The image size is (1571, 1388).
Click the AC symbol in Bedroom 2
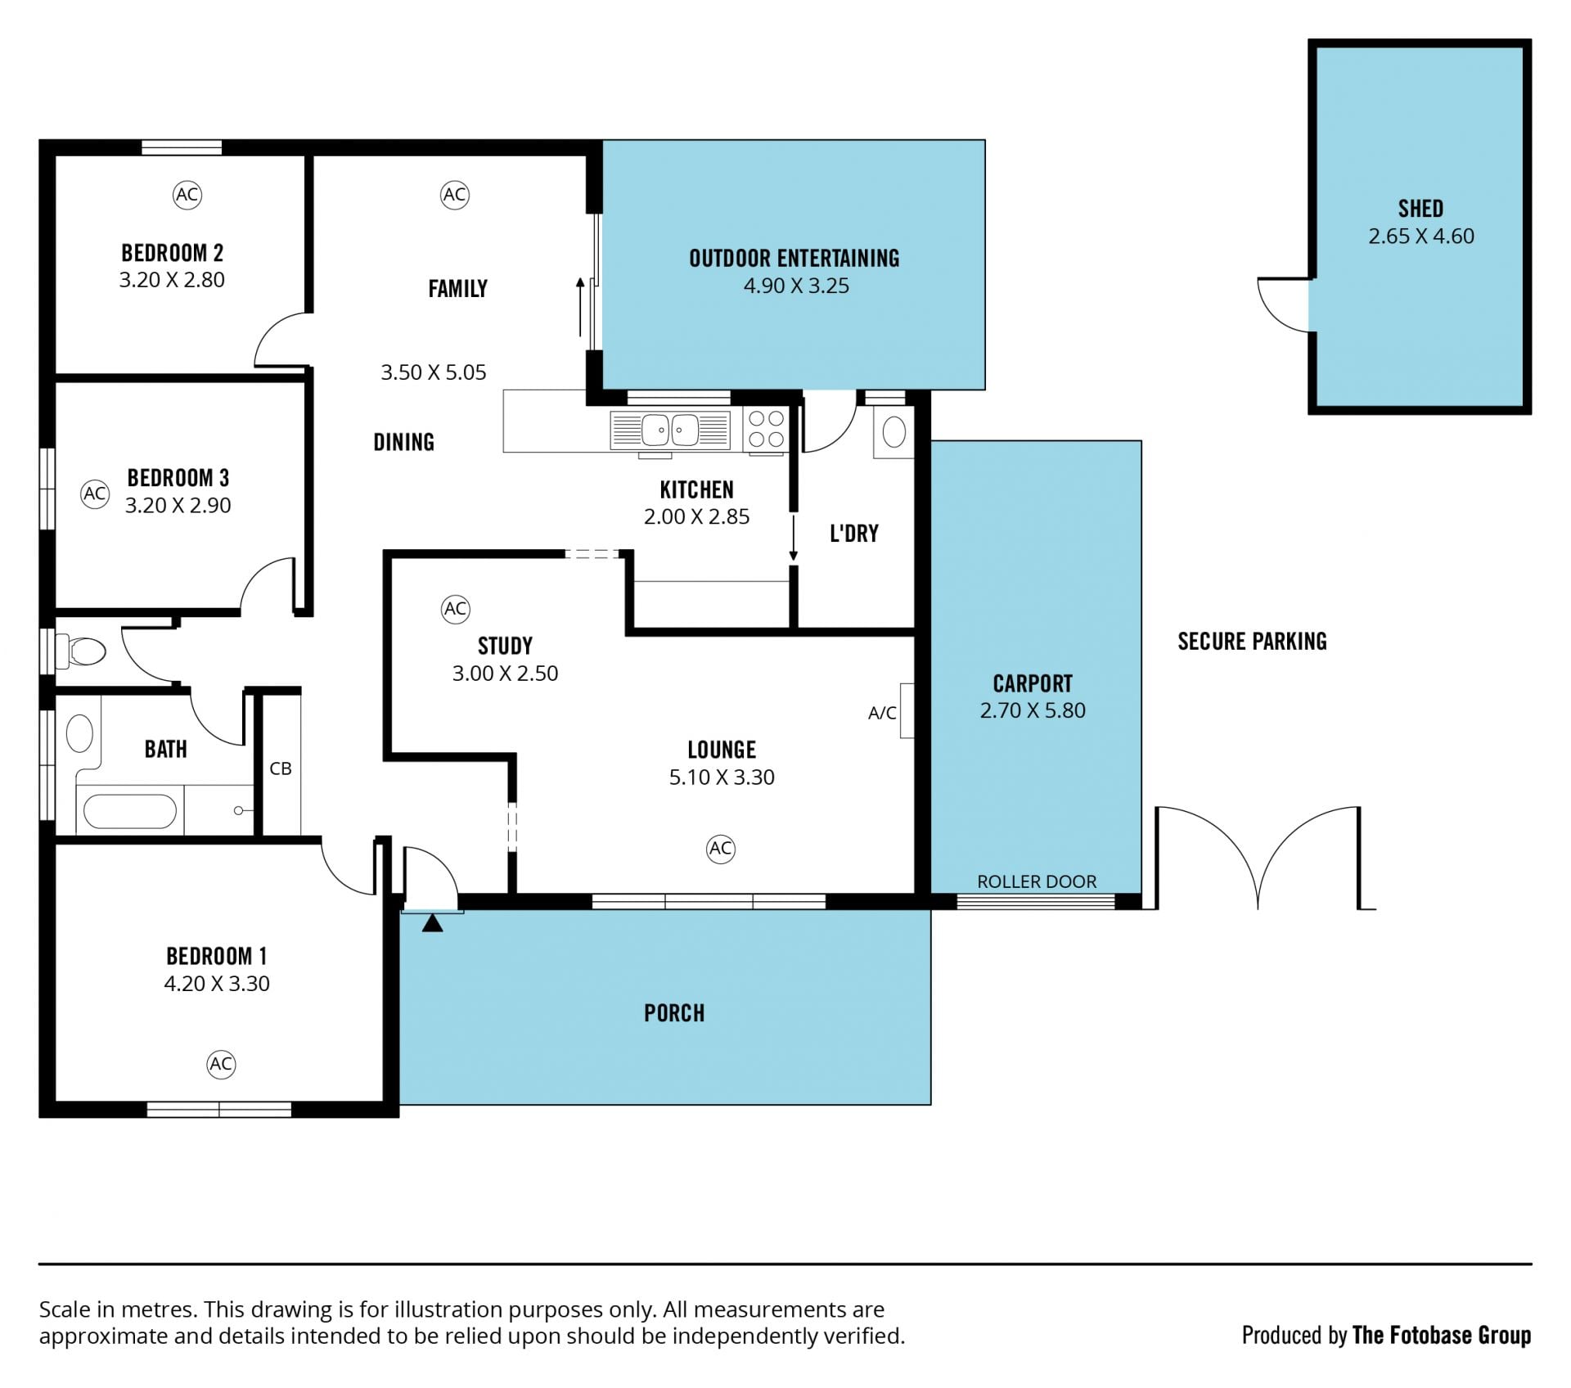(187, 195)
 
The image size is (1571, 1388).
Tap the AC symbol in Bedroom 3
(95, 493)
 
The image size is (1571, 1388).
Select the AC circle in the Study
(455, 609)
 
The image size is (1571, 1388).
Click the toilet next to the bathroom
(81, 651)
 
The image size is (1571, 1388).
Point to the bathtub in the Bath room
(129, 811)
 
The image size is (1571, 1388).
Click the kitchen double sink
(670, 430)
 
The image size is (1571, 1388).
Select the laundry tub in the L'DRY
(894, 431)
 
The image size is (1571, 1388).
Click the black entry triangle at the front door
(432, 923)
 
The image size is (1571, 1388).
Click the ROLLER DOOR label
(1037, 881)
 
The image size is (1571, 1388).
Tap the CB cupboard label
(281, 768)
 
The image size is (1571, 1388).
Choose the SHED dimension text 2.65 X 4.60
(1421, 237)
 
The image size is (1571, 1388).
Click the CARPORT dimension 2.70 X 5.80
(1033, 710)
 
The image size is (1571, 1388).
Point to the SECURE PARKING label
(1252, 642)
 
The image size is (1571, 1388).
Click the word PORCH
(674, 1013)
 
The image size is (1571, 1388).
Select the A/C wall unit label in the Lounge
(882, 713)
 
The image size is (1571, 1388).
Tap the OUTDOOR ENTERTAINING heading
(795, 259)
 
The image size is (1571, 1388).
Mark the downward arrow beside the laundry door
(793, 537)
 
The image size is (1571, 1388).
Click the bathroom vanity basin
(79, 733)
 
